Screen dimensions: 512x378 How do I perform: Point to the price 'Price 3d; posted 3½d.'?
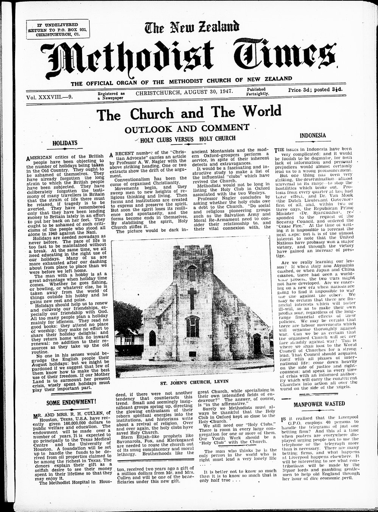(x=315, y=90)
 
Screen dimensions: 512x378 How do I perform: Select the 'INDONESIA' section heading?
(x=313, y=135)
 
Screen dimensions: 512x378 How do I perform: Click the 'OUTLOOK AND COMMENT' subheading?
(x=187, y=127)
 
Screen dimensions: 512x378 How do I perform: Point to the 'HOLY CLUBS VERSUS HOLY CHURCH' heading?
(x=188, y=139)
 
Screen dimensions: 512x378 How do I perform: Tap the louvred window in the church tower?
(x=192, y=273)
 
